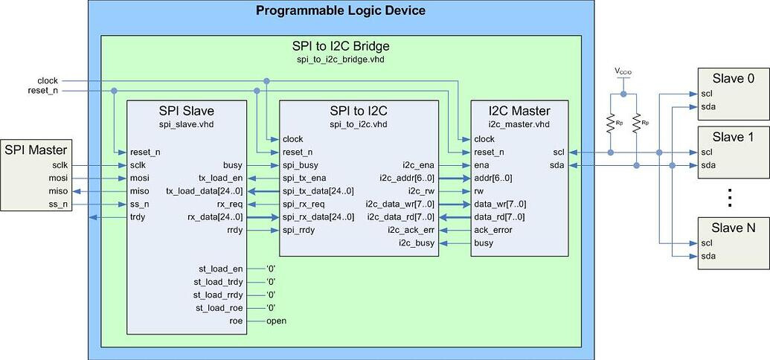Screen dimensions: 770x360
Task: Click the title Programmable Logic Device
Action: [x=340, y=10]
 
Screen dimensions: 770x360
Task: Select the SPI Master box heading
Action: [x=36, y=150]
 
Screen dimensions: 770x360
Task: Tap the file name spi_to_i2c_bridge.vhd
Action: [x=341, y=60]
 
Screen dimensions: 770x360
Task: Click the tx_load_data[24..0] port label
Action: [x=205, y=190]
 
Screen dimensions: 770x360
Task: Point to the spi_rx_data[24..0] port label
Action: [x=318, y=216]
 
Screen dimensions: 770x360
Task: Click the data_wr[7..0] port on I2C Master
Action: [x=499, y=204]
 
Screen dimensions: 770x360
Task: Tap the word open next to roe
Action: [x=277, y=321]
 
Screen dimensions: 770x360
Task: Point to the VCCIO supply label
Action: [x=623, y=71]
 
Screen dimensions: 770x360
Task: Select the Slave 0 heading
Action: [x=733, y=79]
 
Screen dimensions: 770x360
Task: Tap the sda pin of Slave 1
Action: [x=708, y=164]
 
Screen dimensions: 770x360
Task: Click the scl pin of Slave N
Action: [x=708, y=242]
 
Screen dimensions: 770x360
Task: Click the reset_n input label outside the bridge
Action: [x=43, y=90]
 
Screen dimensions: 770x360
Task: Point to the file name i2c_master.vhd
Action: [x=519, y=125]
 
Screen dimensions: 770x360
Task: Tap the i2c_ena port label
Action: [x=418, y=165]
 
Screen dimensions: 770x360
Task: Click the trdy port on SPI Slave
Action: [x=138, y=216]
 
